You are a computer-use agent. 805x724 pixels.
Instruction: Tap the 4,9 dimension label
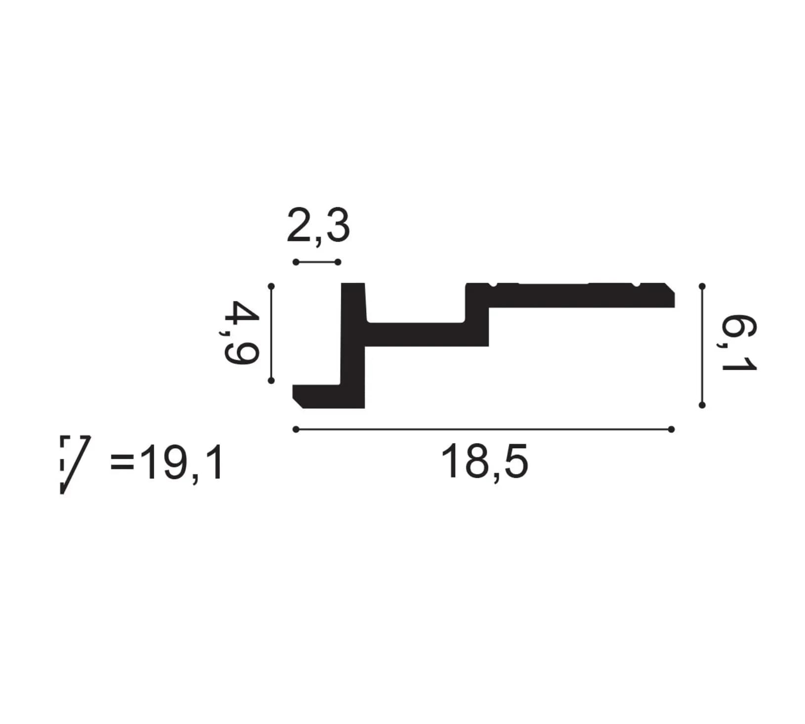241,333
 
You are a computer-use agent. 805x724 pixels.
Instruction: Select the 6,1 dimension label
739,344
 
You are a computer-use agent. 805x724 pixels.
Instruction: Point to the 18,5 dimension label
484,461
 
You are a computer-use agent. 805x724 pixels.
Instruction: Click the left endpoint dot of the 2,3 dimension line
296,262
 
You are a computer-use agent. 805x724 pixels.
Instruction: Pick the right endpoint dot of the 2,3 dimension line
338,262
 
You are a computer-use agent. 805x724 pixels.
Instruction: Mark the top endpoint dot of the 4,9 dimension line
271,286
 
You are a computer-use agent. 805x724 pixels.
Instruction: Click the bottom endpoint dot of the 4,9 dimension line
271,380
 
